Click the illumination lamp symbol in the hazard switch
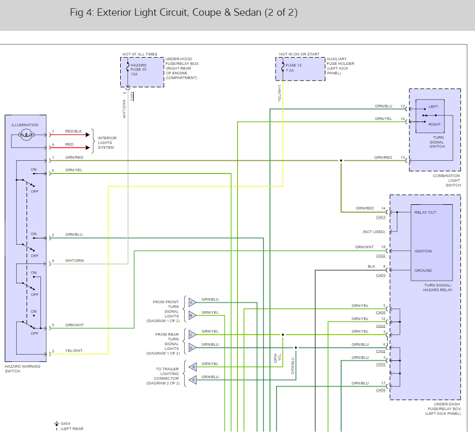click(25, 135)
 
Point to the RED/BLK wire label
click(73, 131)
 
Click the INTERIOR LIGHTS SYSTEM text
click(107, 142)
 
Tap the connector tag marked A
click(192, 302)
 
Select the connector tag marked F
click(192, 379)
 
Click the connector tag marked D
click(192, 347)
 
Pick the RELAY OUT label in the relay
click(425, 213)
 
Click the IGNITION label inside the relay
click(423, 251)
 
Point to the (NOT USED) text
click(374, 232)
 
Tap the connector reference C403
click(381, 217)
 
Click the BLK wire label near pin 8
click(371, 267)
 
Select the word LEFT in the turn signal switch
click(433, 106)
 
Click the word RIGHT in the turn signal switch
click(435, 125)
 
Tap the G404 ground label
click(65, 423)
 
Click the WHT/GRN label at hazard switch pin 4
click(75, 260)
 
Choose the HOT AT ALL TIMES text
click(139, 54)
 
